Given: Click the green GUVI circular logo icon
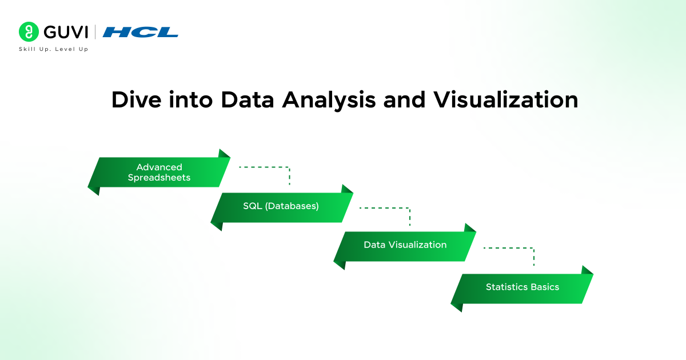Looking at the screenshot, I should tap(29, 31).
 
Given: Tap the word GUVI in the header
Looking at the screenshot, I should tap(65, 31).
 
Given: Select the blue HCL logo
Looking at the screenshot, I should tap(141, 32).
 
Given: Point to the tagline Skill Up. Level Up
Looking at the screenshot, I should tap(53, 49).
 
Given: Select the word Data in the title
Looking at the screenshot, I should tap(248, 99).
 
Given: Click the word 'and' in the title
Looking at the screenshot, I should tap(403, 99).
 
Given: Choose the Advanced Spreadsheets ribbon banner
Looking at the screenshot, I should tap(159, 172).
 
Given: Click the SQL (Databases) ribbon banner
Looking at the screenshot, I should tap(281, 206).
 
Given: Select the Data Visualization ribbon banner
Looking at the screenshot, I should tap(405, 245).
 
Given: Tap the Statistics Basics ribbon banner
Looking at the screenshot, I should tap(522, 287).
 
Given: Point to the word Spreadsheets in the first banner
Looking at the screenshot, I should tap(159, 178).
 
